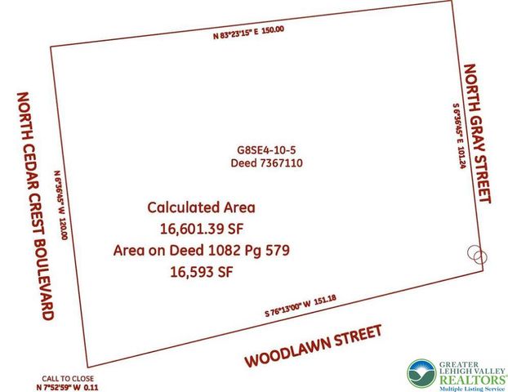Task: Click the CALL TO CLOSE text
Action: coord(69,379)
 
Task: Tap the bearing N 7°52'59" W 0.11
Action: coord(69,388)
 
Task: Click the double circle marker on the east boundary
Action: coord(476,253)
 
